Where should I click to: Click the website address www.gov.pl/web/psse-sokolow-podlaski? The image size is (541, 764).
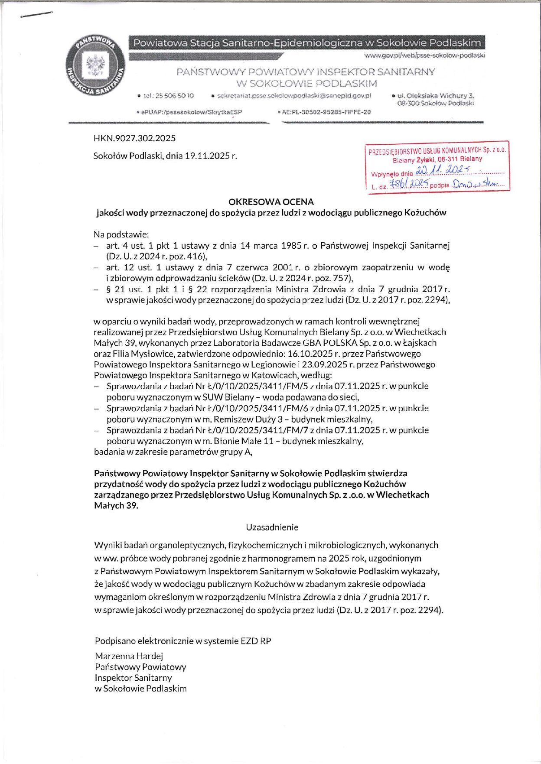(x=424, y=55)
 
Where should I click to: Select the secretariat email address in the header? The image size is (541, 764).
(x=294, y=95)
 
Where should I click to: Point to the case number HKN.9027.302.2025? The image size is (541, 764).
(x=134, y=138)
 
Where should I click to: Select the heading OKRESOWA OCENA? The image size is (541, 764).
(x=271, y=202)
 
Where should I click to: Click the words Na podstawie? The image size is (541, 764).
(x=121, y=234)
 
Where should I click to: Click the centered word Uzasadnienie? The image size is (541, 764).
(x=272, y=527)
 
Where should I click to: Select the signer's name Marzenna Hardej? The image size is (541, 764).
(x=129, y=656)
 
